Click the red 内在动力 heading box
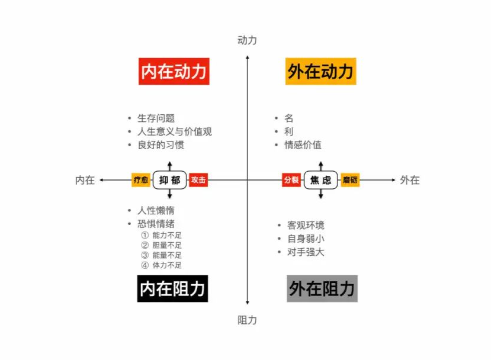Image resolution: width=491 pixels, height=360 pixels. point(174,71)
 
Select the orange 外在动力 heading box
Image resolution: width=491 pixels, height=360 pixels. point(320,71)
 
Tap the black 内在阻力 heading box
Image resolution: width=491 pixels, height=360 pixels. point(172,288)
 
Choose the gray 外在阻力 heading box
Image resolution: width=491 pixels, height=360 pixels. point(322,288)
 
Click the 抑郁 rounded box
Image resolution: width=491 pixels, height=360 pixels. point(170,180)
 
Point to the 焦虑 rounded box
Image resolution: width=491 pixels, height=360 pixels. point(321,180)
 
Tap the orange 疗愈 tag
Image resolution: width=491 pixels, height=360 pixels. point(141,180)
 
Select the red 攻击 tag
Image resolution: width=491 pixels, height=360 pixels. point(198,180)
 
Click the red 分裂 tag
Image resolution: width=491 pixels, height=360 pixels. point(291,180)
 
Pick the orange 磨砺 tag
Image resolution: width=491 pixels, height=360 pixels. point(350,180)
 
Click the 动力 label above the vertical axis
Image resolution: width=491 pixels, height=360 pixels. point(247,40)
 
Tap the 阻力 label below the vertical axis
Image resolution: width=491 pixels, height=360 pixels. point(247,320)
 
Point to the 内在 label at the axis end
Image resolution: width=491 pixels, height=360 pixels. point(85,180)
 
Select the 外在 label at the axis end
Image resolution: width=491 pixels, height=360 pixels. point(410,180)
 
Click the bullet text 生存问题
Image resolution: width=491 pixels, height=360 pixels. point(156,118)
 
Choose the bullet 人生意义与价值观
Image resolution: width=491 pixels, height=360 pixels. point(174,131)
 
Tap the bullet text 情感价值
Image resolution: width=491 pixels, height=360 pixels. point(303,144)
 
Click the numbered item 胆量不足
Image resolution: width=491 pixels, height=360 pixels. point(166,245)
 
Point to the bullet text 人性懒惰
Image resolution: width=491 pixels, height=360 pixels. point(156,211)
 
